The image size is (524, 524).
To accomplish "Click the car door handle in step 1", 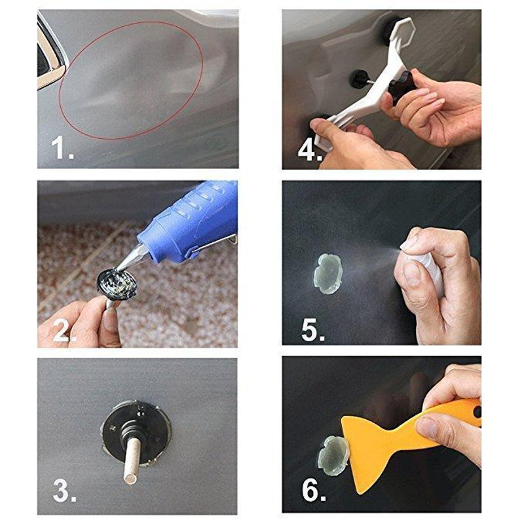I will [x=49, y=56].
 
